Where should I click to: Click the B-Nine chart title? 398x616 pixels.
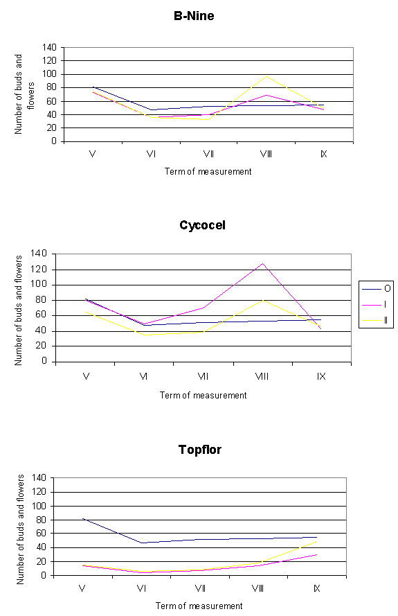click(194, 16)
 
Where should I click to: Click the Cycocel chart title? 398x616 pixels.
click(202, 225)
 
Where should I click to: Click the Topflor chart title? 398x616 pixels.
click(200, 450)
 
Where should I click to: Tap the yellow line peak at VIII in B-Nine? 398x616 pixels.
click(266, 76)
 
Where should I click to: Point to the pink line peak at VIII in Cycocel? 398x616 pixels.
click(262, 263)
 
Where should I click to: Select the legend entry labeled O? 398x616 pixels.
click(377, 289)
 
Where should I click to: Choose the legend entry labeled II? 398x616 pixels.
click(376, 321)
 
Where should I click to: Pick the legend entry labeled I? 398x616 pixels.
click(375, 304)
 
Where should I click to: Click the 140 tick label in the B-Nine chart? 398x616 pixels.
click(49, 48)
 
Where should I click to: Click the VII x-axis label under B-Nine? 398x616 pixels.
click(208, 154)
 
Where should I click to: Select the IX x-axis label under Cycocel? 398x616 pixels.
click(321, 376)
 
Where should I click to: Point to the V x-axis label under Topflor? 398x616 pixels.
click(82, 588)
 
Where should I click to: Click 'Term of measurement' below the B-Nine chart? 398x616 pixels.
click(208, 172)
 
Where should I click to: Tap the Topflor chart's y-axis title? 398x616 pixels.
click(20, 529)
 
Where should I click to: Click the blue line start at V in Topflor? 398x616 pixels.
click(83, 519)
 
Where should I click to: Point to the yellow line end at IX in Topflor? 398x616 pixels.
click(317, 541)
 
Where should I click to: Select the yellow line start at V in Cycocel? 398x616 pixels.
click(86, 313)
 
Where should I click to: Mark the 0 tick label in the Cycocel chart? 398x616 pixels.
click(44, 360)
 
